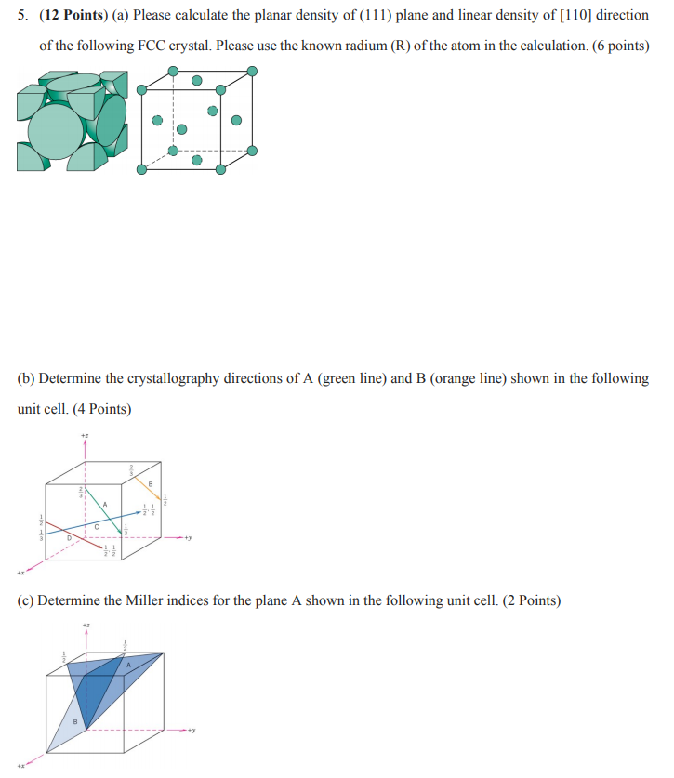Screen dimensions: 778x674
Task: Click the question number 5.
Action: [x=23, y=16]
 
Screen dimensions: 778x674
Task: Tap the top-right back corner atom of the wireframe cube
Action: [x=252, y=71]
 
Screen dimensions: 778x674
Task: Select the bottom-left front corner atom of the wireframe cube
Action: [x=141, y=170]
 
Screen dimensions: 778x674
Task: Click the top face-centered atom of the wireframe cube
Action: [x=196, y=81]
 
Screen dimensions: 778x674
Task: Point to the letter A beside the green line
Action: [x=105, y=504]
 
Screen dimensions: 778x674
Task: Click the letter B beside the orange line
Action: [x=150, y=481]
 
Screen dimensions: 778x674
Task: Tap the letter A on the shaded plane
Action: [x=129, y=689]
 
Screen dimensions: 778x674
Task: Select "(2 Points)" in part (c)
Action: [x=531, y=600]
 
